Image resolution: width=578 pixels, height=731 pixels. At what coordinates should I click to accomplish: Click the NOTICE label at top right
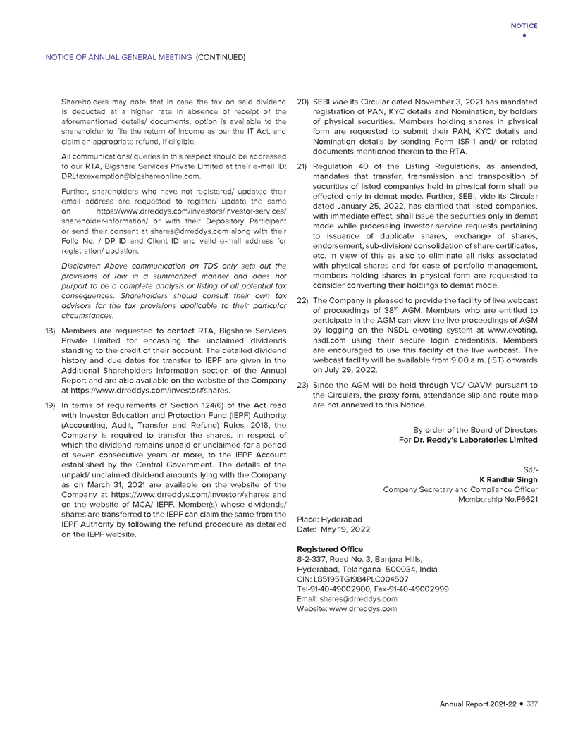(x=524, y=26)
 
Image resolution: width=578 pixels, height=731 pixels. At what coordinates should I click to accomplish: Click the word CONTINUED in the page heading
(x=220, y=56)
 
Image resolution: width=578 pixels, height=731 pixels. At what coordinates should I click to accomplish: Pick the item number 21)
(x=302, y=166)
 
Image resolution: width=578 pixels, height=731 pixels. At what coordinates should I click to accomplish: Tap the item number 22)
(x=302, y=300)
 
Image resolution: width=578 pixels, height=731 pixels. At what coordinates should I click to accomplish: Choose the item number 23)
(x=302, y=385)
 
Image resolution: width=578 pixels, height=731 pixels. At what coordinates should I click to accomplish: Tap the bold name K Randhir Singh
(x=508, y=479)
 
